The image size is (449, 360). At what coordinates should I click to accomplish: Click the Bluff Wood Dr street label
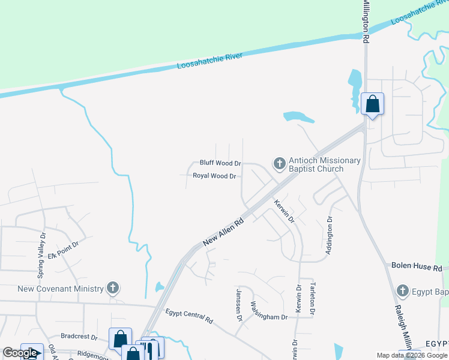(x=220, y=163)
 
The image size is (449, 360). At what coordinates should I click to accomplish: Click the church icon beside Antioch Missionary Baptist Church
(x=279, y=163)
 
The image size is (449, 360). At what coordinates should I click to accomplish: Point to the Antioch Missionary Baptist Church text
(x=325, y=164)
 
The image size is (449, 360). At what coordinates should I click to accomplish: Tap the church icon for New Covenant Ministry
(x=112, y=289)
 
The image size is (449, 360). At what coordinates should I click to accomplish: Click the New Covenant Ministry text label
(x=61, y=289)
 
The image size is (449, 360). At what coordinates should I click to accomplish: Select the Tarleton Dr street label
(x=312, y=298)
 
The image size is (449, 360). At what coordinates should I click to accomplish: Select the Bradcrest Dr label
(x=78, y=337)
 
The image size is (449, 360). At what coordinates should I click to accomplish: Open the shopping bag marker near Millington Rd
(x=372, y=104)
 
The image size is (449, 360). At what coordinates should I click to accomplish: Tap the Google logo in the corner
(x=20, y=353)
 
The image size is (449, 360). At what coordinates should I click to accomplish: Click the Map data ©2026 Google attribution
(x=412, y=355)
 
